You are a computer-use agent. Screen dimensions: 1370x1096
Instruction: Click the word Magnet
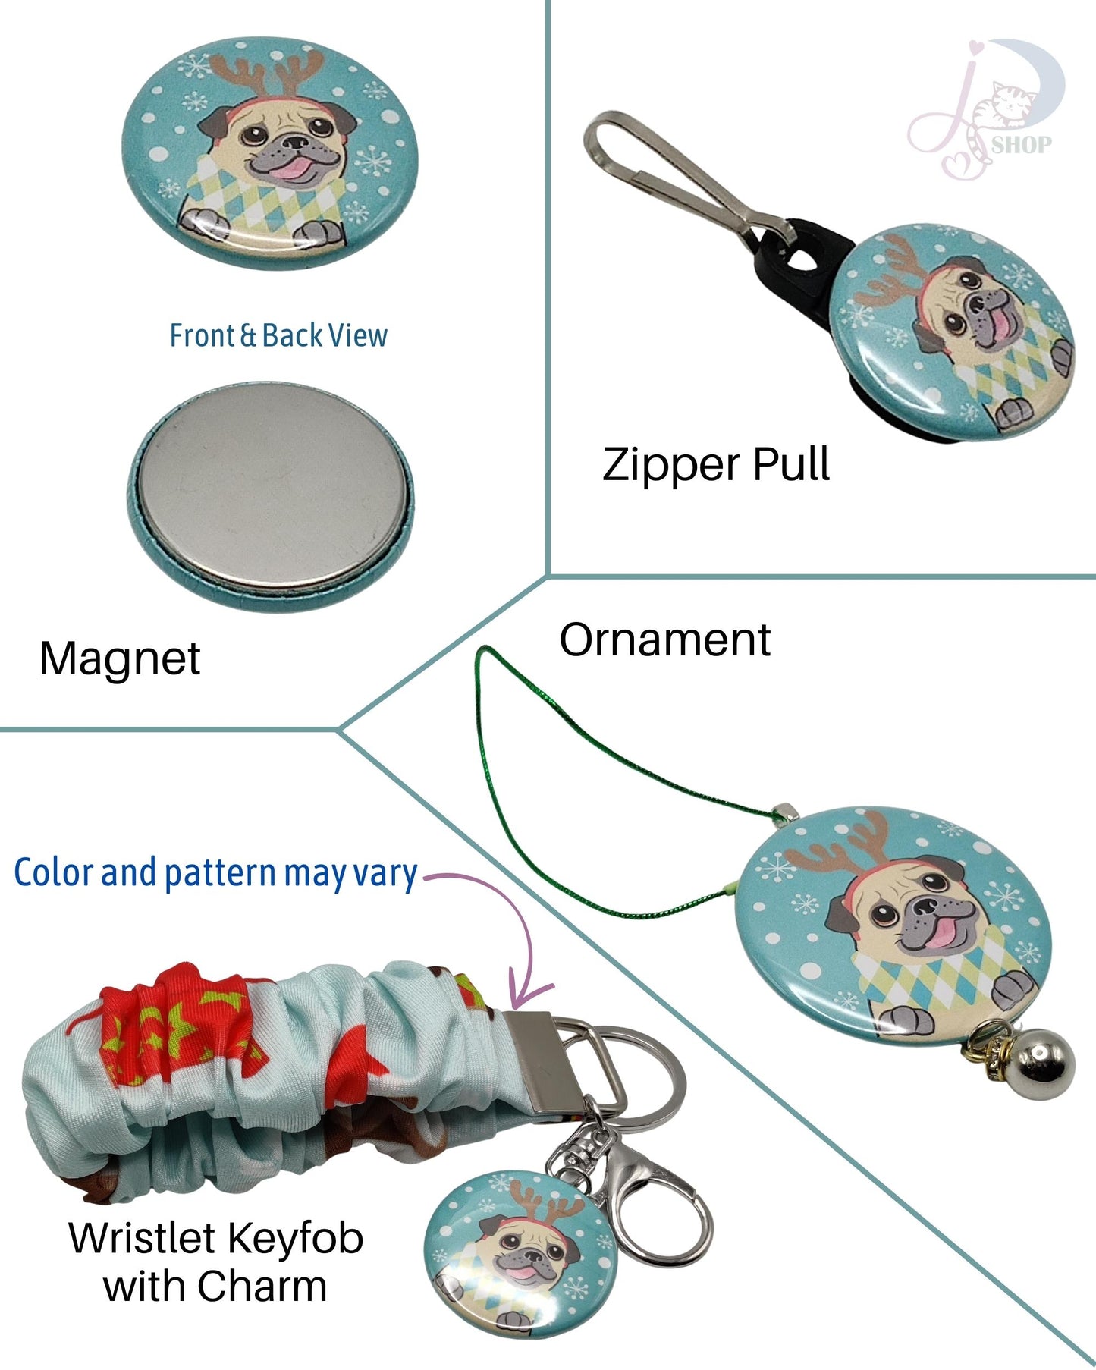click(x=120, y=658)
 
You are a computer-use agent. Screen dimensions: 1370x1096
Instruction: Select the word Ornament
click(x=664, y=639)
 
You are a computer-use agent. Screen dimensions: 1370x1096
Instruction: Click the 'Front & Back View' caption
click(x=278, y=335)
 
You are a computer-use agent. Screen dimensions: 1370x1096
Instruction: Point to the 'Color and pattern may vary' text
click(x=215, y=872)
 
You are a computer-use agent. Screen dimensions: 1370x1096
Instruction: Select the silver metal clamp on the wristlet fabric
click(x=540, y=1062)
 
